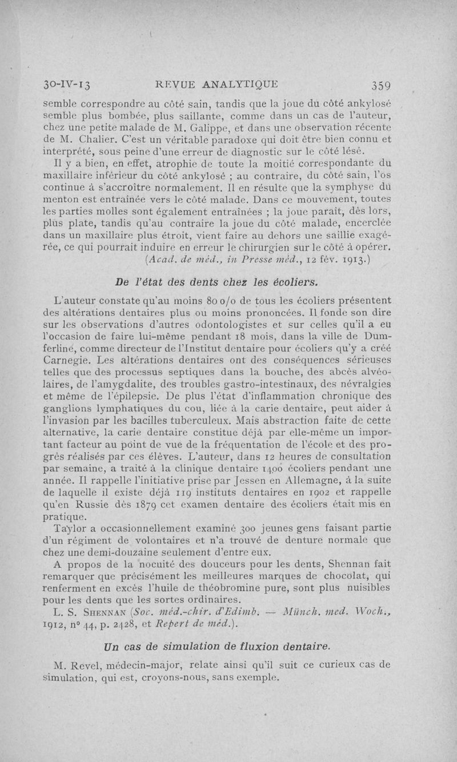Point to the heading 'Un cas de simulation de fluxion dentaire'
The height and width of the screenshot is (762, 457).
217,646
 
